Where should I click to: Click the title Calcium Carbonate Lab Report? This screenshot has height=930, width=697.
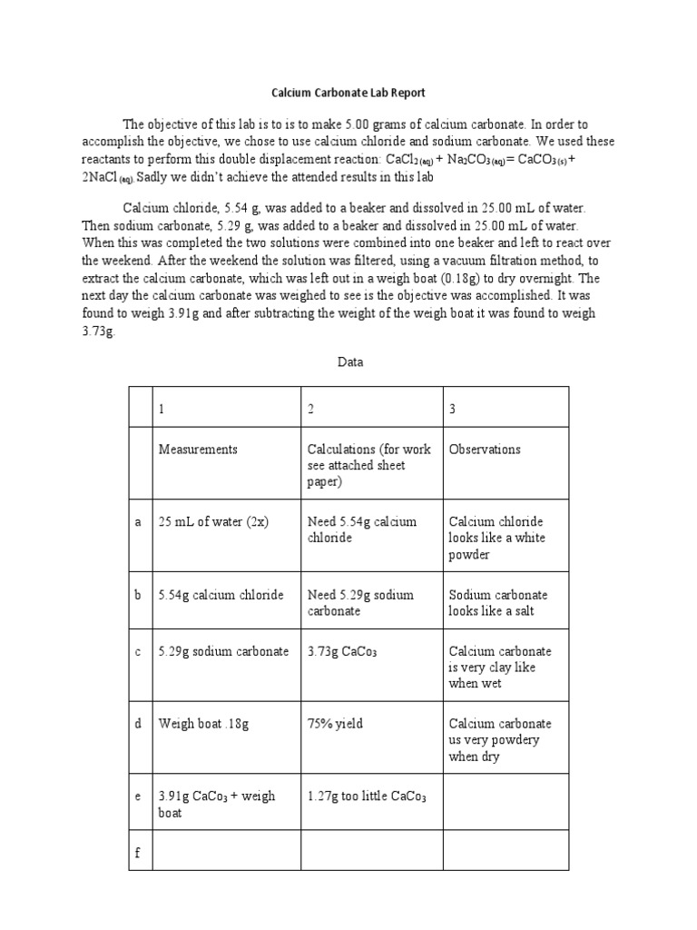(348, 93)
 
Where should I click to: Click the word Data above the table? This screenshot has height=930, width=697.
(350, 361)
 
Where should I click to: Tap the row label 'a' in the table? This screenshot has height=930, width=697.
(138, 522)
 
